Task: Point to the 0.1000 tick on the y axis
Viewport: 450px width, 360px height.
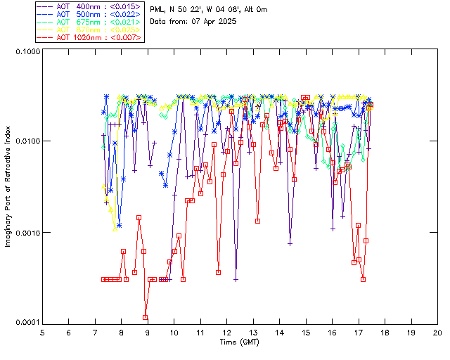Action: coord(26,51)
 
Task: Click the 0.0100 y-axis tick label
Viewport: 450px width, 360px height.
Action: coord(26,141)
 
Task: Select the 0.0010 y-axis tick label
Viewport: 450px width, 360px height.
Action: coord(26,232)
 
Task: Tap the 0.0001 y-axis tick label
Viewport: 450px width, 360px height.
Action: coord(26,322)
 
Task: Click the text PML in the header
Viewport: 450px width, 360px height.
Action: coord(157,9)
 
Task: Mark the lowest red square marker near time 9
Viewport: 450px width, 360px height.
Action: coord(145,317)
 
